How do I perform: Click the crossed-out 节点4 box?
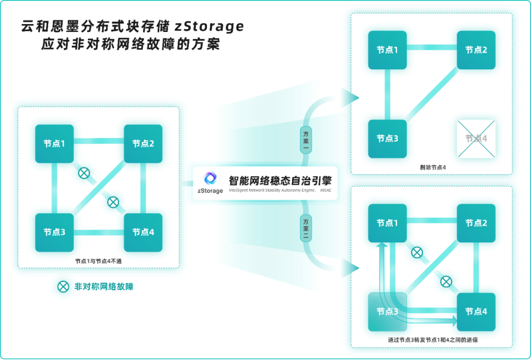coord(476,139)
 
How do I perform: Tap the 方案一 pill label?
coord(306,140)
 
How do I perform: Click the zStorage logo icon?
coord(210,178)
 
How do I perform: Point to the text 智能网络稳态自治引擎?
coord(280,180)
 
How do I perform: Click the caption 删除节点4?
coord(433,168)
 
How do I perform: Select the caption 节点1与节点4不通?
coord(98,261)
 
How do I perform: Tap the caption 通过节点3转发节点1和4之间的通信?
coord(433,339)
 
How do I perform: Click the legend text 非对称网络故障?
coord(104,287)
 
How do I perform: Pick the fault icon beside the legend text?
coord(63,287)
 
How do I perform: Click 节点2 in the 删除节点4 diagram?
coord(476,50)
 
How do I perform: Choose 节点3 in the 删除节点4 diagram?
coord(387,139)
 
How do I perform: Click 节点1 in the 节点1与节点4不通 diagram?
coord(54,144)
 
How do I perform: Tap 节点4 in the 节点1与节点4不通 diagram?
coord(143,232)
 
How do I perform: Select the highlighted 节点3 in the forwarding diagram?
coord(387,311)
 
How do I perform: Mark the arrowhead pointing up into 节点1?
coord(378,244)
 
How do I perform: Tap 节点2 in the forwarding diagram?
coord(476,223)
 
